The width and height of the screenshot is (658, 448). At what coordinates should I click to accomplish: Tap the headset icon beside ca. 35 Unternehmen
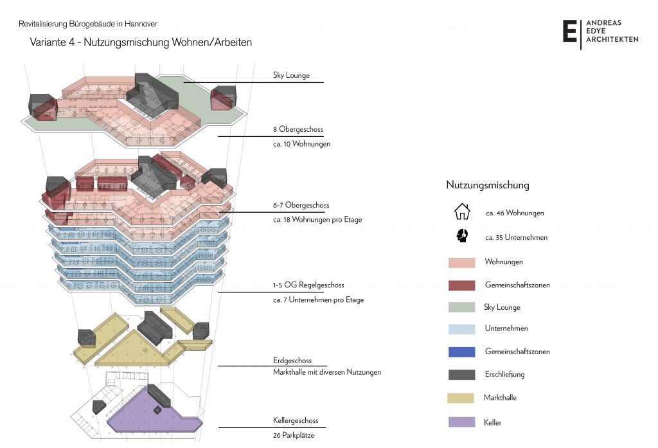coord(461,236)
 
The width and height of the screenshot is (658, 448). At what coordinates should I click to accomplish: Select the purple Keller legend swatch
coord(461,422)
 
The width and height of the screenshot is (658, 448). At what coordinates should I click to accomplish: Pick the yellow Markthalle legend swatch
coord(461,398)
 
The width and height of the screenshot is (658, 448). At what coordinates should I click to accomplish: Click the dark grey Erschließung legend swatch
coord(461,374)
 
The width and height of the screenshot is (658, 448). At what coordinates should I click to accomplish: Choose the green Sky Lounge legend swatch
coord(461,307)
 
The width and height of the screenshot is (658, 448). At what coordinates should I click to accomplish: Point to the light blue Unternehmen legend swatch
coord(461,328)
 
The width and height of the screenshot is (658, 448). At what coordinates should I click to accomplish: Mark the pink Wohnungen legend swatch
coord(461,262)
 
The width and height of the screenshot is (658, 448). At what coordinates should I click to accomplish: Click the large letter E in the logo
coord(569,31)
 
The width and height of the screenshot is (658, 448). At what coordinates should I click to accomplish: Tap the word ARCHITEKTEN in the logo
coord(612,39)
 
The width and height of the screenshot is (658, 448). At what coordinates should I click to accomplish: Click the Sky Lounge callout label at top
coord(291,75)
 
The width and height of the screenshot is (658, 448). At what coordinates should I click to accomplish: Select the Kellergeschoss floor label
coord(295,421)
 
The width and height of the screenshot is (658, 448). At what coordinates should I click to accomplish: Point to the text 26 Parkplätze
coord(294,435)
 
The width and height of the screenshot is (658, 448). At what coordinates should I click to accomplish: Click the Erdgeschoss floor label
coord(292,361)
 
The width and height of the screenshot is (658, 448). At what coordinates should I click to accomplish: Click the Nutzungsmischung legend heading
coord(488,185)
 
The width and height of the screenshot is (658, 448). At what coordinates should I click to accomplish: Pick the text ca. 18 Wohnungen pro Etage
coord(317,220)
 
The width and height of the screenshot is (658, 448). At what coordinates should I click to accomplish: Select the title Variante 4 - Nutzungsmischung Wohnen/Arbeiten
coord(141,42)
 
